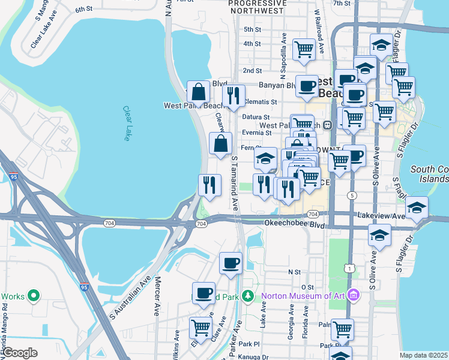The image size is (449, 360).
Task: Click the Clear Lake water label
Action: pyautogui.click(x=127, y=124)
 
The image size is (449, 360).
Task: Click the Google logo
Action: pyautogui.click(x=20, y=353)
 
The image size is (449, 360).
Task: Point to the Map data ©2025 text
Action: pyautogui.click(x=423, y=355)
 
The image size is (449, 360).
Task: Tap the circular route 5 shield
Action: pyautogui.click(x=352, y=196)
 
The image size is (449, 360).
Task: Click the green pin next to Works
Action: pyautogui.click(x=34, y=296)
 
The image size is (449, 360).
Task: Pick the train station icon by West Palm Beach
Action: pyautogui.click(x=328, y=125)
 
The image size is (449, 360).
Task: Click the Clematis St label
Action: pyautogui.click(x=260, y=102)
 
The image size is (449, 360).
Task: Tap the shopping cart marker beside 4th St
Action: pyautogui.click(x=304, y=48)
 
